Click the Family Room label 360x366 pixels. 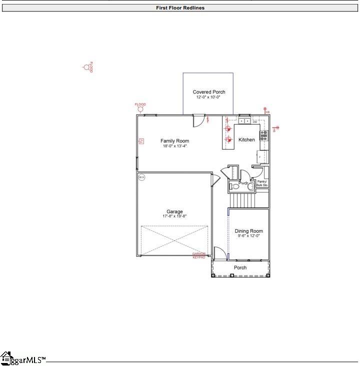(174, 141)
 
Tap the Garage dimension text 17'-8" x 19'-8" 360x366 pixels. (174, 216)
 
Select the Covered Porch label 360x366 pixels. (209, 92)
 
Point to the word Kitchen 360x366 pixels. (246, 140)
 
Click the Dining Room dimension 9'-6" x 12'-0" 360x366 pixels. (248, 236)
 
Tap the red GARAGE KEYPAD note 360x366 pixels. (199, 255)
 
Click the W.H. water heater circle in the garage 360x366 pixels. (141, 177)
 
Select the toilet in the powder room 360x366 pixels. (250, 186)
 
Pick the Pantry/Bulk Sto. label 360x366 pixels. (262, 183)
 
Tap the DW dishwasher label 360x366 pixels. (255, 122)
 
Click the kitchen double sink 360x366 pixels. (244, 121)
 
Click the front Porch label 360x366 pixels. (240, 268)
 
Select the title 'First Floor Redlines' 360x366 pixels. (180, 8)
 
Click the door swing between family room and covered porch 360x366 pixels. (198, 120)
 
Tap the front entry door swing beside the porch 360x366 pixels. (219, 253)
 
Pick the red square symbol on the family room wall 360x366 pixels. (141, 141)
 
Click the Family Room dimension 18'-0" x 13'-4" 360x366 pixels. (174, 146)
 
